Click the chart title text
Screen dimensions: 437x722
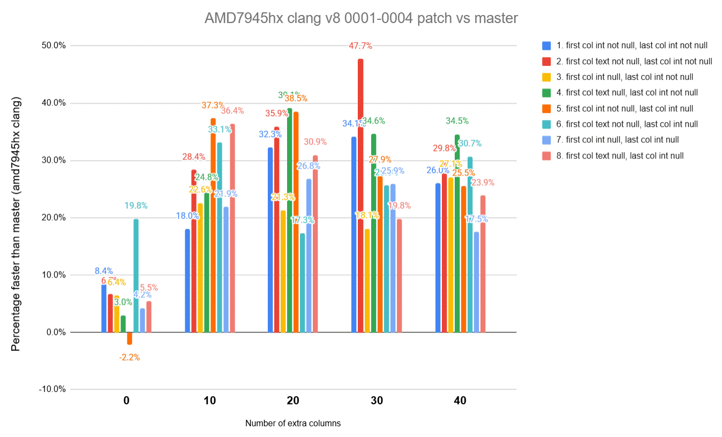(x=361, y=18)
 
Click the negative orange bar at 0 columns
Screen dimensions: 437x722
(x=130, y=338)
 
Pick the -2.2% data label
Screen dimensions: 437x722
(x=130, y=357)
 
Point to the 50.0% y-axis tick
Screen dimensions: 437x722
(x=53, y=46)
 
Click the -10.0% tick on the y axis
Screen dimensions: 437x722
(x=52, y=389)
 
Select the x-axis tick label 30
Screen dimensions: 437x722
(x=377, y=401)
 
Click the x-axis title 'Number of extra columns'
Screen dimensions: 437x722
(x=293, y=423)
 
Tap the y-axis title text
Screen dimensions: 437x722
(x=16, y=224)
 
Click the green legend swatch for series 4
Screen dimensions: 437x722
(x=546, y=93)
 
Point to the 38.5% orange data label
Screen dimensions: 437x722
(x=296, y=99)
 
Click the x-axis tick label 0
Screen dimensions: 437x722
(x=126, y=401)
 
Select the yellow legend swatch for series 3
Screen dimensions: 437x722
(x=546, y=77)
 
